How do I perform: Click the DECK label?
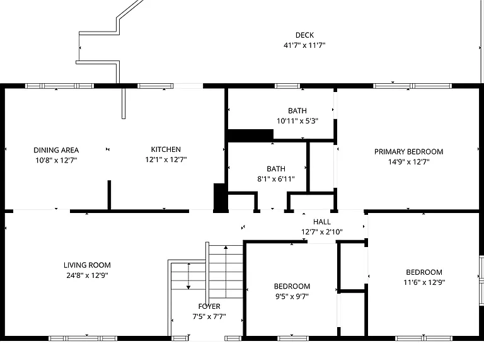point(304,35)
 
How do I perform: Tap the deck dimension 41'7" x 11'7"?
point(304,45)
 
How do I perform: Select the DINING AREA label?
point(56,151)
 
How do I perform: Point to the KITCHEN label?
point(166,149)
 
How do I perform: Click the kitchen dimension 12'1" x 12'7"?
point(166,159)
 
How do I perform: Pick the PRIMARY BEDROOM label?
point(408,152)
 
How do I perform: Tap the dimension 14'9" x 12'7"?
point(408,162)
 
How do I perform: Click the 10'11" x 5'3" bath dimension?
point(297,121)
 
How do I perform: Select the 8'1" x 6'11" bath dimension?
point(276,179)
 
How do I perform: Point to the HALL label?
point(322,222)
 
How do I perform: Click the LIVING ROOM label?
point(87,265)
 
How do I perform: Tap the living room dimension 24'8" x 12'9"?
point(87,275)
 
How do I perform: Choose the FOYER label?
point(209,306)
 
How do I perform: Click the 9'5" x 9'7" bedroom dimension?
point(292,296)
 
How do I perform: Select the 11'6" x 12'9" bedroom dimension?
point(424,282)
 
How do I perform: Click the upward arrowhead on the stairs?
point(226,247)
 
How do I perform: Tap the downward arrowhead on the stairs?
point(188,287)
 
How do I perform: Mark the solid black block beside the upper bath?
point(250,135)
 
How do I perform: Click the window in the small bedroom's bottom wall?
point(293,338)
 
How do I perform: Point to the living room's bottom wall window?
point(83,338)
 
